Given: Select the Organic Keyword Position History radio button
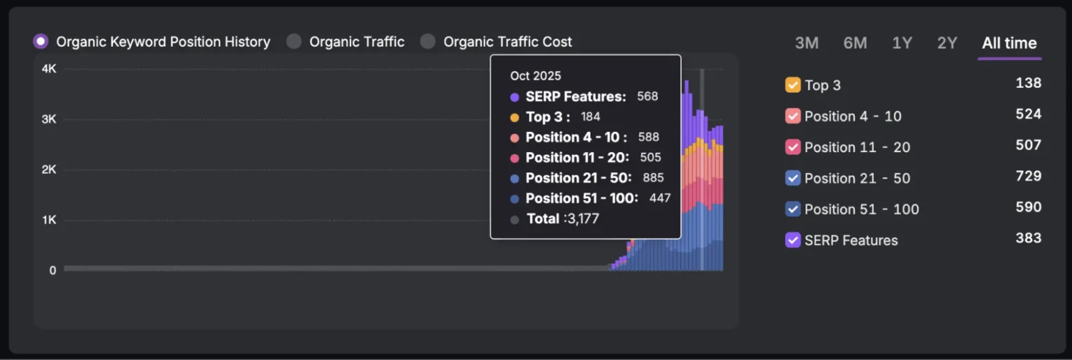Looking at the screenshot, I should pyautogui.click(x=41, y=42).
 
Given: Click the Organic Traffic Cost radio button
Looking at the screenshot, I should pyautogui.click(x=428, y=42).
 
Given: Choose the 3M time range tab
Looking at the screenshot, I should pyautogui.click(x=806, y=43).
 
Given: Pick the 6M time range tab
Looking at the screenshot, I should pyautogui.click(x=855, y=43).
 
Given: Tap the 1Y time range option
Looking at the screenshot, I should pyautogui.click(x=902, y=43).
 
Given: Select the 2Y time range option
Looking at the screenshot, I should pyautogui.click(x=947, y=43).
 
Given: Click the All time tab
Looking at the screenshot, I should pyautogui.click(x=1009, y=43).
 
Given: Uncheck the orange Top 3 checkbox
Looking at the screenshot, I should pyautogui.click(x=793, y=85).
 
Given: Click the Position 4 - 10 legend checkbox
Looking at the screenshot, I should pyautogui.click(x=793, y=117).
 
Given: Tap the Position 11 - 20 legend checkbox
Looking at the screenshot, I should pyautogui.click(x=793, y=147).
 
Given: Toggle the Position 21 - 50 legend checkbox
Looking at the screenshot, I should pyautogui.click(x=793, y=178).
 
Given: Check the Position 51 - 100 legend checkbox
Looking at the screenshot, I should pyautogui.click(x=793, y=209).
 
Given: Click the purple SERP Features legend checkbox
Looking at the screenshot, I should pyautogui.click(x=793, y=240).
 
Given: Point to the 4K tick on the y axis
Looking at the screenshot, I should pyautogui.click(x=49, y=69).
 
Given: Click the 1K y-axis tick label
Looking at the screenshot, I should pyautogui.click(x=49, y=220).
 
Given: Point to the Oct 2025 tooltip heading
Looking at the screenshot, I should pyautogui.click(x=535, y=76).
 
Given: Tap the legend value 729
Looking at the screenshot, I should pyautogui.click(x=1028, y=176).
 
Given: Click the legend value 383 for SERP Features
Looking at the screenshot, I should pyautogui.click(x=1028, y=238).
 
